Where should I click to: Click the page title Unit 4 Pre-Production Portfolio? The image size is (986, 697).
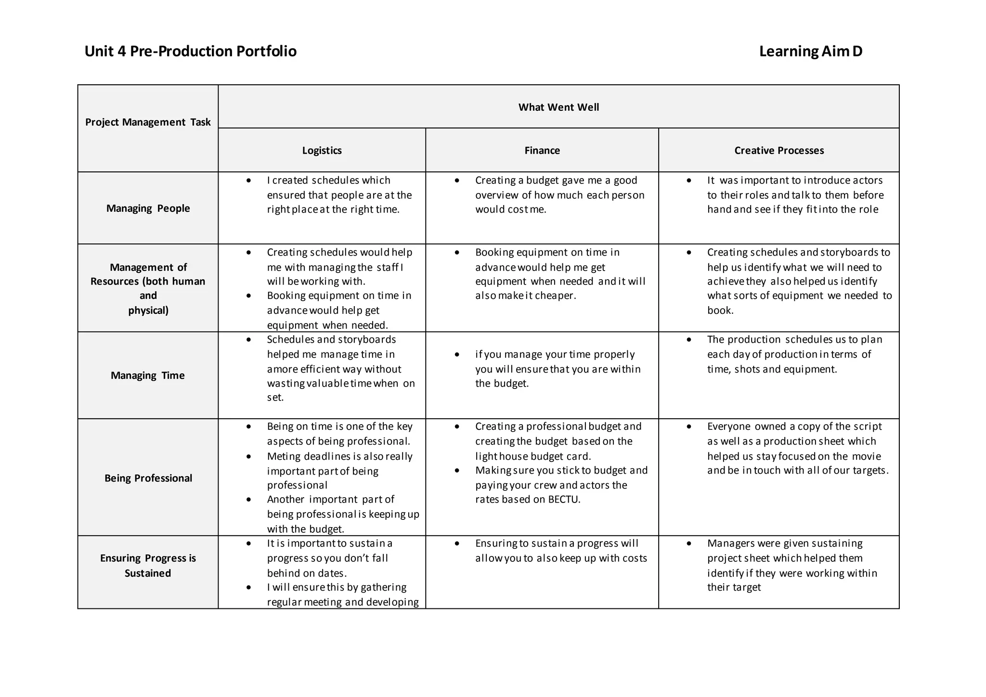[190, 51]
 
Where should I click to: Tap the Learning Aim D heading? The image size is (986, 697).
[810, 51]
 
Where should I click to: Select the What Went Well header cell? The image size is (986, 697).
[558, 107]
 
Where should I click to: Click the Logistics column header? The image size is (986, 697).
[322, 150]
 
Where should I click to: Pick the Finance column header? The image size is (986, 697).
[542, 150]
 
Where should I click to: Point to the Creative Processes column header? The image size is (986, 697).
[779, 150]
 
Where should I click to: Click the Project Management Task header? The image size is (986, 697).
[148, 122]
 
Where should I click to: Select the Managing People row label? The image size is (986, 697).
[148, 208]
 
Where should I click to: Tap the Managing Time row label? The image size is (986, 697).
[148, 375]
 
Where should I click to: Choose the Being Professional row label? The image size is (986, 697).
[148, 478]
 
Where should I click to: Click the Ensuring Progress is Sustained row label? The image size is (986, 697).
[148, 565]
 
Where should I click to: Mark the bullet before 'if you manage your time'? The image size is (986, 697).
[457, 354]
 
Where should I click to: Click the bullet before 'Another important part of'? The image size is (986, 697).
[248, 499]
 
